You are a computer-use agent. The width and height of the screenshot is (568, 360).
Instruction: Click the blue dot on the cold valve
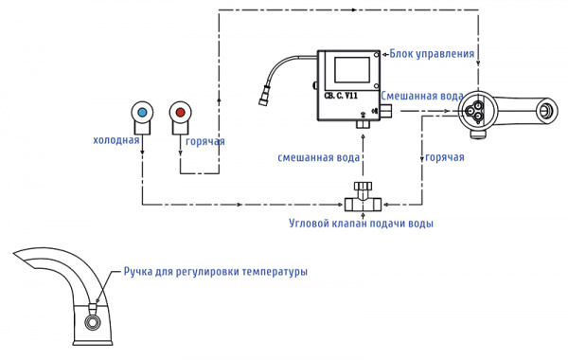(x=142, y=113)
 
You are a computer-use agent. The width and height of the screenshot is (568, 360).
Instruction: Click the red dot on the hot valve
(x=181, y=113)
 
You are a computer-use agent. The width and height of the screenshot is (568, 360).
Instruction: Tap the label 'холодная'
(x=115, y=140)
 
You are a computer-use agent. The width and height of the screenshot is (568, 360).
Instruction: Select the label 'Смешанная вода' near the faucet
(x=422, y=96)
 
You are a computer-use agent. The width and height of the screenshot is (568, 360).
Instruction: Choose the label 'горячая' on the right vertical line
(x=445, y=157)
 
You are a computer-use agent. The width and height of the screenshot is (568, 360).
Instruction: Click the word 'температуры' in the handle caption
(x=275, y=271)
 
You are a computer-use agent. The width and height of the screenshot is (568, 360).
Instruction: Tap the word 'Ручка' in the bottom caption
(x=139, y=271)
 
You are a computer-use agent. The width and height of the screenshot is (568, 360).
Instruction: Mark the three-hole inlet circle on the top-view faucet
(x=471, y=113)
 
